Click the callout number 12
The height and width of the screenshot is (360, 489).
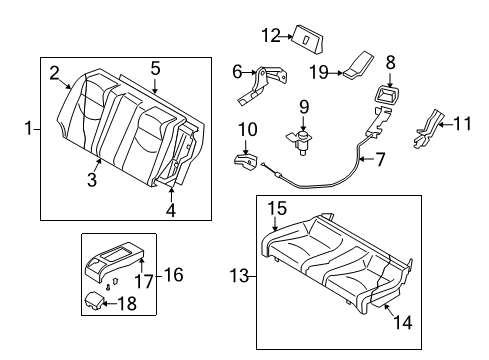click(x=271, y=36)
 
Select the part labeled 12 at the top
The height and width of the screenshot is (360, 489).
click(x=308, y=39)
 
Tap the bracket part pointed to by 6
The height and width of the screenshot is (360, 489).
click(x=263, y=85)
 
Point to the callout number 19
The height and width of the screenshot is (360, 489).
click(x=319, y=72)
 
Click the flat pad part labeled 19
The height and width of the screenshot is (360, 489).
click(x=358, y=65)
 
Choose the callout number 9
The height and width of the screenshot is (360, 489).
click(x=304, y=107)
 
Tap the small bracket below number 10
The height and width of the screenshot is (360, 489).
click(x=246, y=163)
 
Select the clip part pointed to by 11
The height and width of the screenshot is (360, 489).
click(x=428, y=129)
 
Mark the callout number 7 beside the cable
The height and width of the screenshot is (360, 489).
click(x=380, y=159)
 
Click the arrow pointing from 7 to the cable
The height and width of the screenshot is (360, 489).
click(x=367, y=159)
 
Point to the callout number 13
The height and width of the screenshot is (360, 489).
click(x=239, y=276)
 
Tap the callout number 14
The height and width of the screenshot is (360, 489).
click(x=403, y=322)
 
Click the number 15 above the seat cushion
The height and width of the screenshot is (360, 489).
click(x=277, y=208)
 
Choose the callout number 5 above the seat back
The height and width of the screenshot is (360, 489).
click(x=155, y=68)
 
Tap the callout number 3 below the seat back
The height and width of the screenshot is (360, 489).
click(x=92, y=180)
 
